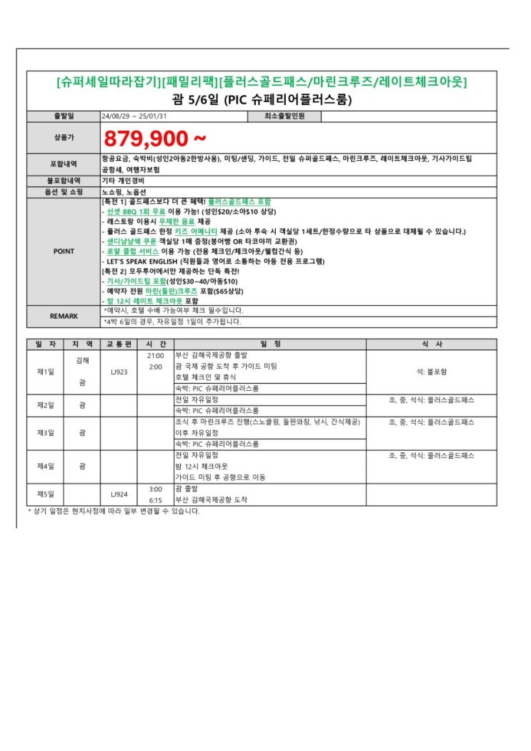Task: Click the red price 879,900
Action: tap(155, 137)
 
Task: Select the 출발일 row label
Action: tap(64, 116)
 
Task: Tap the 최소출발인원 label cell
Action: tap(284, 116)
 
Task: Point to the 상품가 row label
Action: tap(64, 137)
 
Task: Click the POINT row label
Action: tap(64, 251)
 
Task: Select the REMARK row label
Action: tap(64, 315)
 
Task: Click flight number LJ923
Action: tap(119, 372)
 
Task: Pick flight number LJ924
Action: tap(119, 494)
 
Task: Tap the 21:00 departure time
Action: tap(155, 355)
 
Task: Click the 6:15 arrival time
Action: tap(155, 500)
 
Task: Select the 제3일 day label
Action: tap(46, 433)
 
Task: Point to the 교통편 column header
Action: tap(119, 344)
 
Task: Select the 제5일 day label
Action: tap(46, 494)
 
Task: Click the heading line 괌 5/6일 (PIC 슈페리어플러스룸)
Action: tap(262, 99)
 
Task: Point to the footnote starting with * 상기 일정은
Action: tap(114, 511)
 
